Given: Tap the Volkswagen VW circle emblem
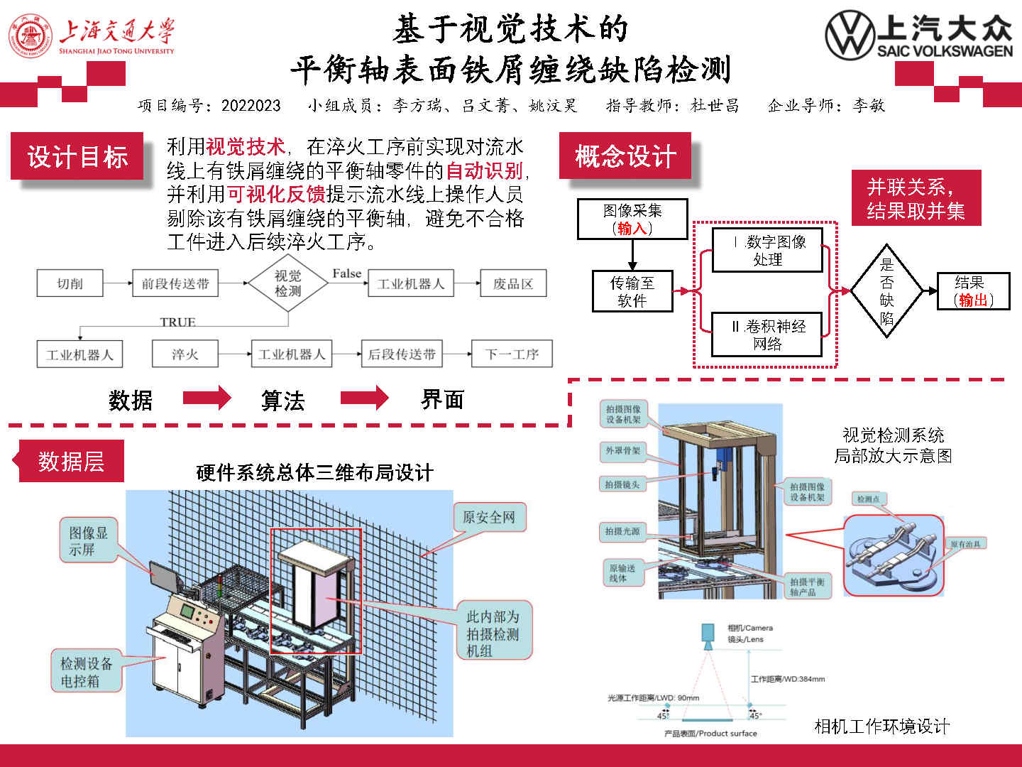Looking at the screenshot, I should tap(850, 34).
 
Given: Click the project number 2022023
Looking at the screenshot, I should tap(251, 106).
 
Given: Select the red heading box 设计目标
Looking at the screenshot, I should tap(77, 156).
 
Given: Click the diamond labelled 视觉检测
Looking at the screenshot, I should tap(287, 283).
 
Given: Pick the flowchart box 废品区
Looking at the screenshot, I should tap(513, 283).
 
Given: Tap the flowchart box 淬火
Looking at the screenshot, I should tap(185, 354).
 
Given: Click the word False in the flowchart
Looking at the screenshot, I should tap(346, 273).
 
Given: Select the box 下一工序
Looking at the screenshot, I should tap(512, 354).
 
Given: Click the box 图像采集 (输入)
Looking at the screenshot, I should tap(632, 219).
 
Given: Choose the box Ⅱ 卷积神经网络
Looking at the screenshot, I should tap(767, 335).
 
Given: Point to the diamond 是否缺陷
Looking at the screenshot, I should tap(886, 290).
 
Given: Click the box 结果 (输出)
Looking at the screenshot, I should tap(973, 291).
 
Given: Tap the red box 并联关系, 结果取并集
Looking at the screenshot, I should tap(916, 198).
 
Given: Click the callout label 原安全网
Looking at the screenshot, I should tap(489, 517).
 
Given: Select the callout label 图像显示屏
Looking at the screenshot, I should tap(88, 540).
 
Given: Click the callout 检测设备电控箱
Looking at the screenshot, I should tap(86, 672).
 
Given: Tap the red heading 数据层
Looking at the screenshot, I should tap(71, 462).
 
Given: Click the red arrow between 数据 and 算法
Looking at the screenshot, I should tap(207, 398).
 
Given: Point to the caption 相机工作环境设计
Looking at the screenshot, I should tap(881, 726).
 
